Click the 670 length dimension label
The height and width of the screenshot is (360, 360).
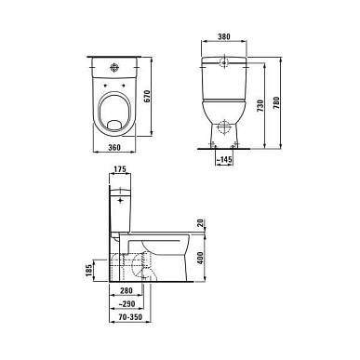(147, 97)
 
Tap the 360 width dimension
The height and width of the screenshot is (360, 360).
(114, 148)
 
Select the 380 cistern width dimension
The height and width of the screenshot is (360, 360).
(224, 36)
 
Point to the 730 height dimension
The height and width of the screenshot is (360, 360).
(260, 106)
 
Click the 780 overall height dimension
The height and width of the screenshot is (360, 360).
(276, 103)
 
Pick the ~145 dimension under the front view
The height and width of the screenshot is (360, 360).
(224, 160)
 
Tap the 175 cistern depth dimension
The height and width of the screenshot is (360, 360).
(120, 169)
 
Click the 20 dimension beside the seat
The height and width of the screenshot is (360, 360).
(201, 223)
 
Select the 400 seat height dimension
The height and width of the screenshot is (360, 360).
(200, 258)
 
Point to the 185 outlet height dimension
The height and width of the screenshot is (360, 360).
(89, 271)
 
